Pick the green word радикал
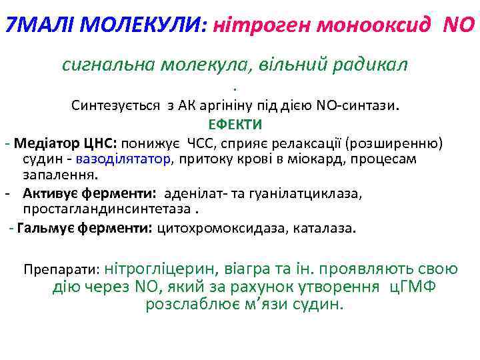367,64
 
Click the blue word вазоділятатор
124,159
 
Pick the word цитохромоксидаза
220,228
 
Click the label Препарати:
61,270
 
